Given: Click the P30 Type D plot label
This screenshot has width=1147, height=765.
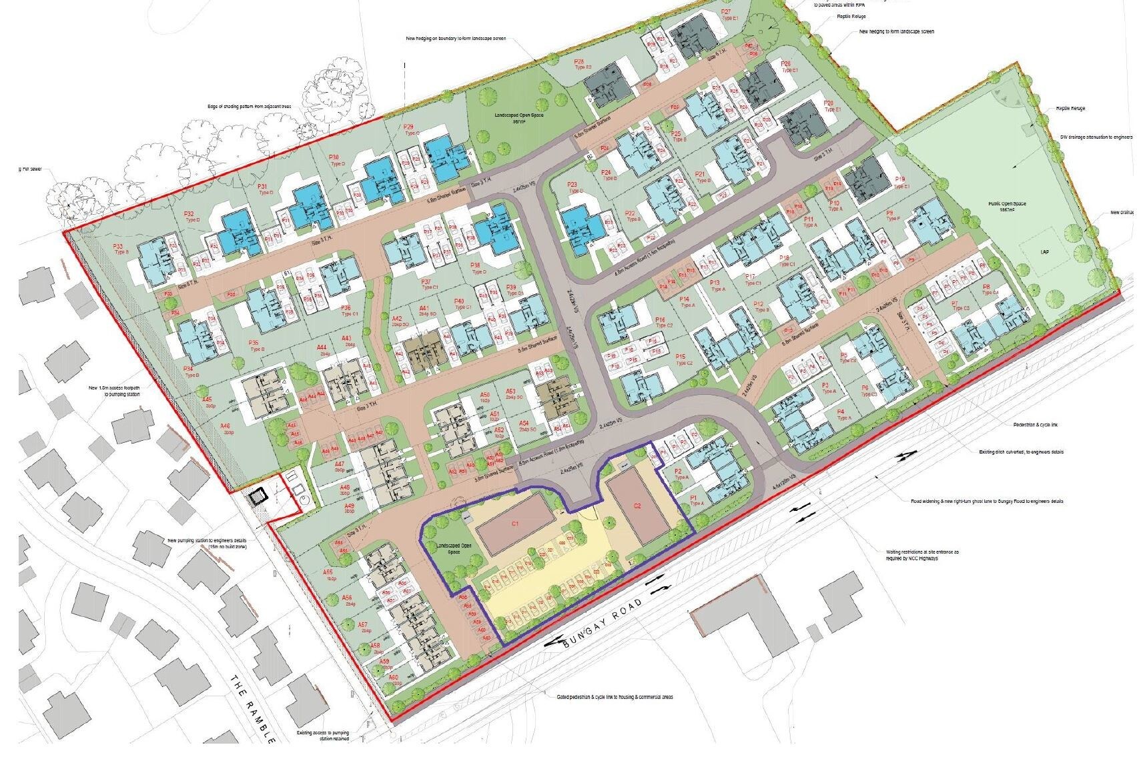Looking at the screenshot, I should click(x=336, y=160).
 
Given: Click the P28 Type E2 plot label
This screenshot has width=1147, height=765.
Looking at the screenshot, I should click(x=583, y=65).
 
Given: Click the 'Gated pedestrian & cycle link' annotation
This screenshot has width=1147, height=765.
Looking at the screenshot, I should click(x=615, y=697).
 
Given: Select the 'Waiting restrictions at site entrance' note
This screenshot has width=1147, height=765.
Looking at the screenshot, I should click(x=912, y=555).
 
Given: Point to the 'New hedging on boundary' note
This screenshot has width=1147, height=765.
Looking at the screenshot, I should click(x=456, y=39).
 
